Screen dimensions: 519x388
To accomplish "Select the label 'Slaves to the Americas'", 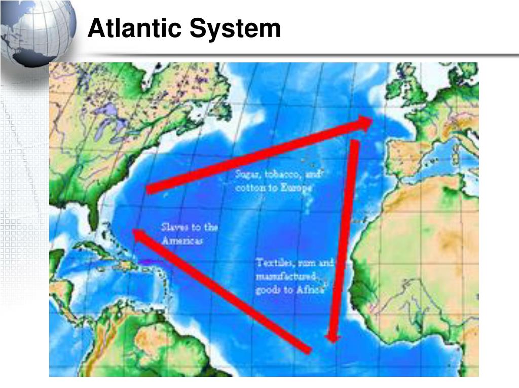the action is point(189,234).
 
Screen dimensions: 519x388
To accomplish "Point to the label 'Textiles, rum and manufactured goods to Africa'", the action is point(294,277).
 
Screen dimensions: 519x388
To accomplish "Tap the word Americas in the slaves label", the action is point(182,240).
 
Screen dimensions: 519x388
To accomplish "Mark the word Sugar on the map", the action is point(247,175).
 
